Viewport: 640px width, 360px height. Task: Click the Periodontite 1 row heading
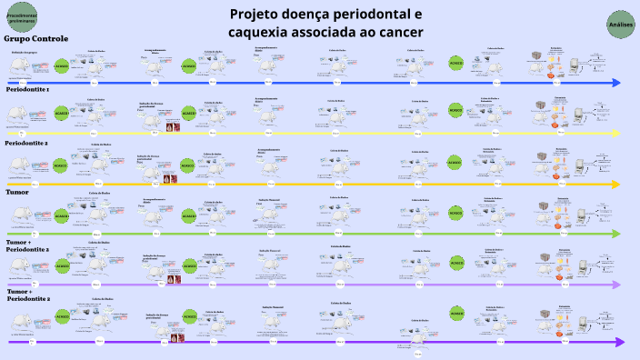click(28, 91)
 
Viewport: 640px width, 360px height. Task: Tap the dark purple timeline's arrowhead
click(619, 342)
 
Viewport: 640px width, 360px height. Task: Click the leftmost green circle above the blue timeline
click(62, 66)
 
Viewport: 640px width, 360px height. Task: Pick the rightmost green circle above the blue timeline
click(455, 63)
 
